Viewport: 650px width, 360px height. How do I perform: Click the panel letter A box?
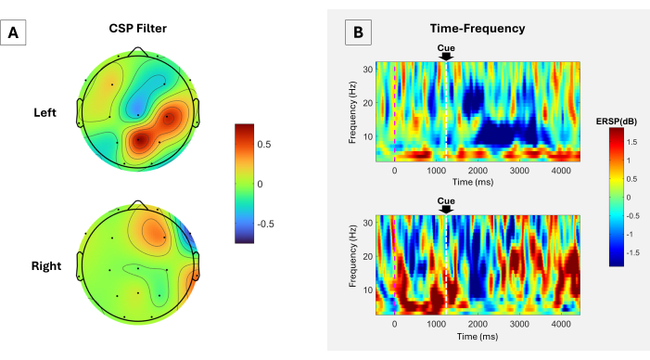pos(13,32)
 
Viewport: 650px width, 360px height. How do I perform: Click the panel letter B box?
pos(358,32)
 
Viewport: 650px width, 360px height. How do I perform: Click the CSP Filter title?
pos(137,28)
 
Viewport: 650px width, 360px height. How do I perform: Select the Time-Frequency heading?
pos(478,28)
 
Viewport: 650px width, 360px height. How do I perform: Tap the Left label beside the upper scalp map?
pos(45,112)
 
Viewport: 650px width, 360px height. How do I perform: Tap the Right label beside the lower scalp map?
pos(46,266)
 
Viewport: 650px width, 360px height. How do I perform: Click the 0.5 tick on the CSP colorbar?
pos(264,145)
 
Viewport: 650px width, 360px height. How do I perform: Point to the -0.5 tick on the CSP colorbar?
pos(266,224)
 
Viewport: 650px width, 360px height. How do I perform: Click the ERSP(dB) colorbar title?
pos(617,122)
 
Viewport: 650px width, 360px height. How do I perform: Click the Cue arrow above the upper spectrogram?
pos(446,57)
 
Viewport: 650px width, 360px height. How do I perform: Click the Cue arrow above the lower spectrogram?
pos(446,210)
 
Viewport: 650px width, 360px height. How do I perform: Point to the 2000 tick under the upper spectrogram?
pos(478,171)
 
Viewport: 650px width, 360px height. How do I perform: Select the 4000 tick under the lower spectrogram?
pos(561,324)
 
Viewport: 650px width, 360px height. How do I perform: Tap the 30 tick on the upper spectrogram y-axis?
pos(368,70)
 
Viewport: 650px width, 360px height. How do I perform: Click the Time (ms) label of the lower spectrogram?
pos(478,337)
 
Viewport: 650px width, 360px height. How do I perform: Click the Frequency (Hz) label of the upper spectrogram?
pos(352,112)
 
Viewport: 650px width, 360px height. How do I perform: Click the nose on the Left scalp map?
pos(138,51)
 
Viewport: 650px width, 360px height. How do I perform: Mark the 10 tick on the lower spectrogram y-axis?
pos(368,289)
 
